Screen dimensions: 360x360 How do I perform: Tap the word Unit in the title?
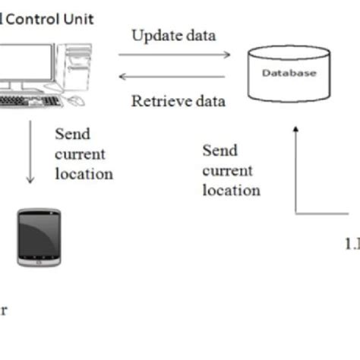click(77, 19)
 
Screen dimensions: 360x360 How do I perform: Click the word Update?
click(156, 36)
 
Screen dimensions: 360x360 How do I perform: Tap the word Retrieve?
click(161, 101)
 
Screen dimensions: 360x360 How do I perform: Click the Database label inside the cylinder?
click(289, 74)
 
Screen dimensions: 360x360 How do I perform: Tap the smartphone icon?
click(39, 237)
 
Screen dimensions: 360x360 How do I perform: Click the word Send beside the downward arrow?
click(72, 134)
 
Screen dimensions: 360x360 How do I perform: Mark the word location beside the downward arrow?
click(84, 174)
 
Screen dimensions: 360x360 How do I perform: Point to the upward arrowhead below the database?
click(295, 131)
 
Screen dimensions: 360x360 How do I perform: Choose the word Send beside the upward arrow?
click(220, 150)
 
